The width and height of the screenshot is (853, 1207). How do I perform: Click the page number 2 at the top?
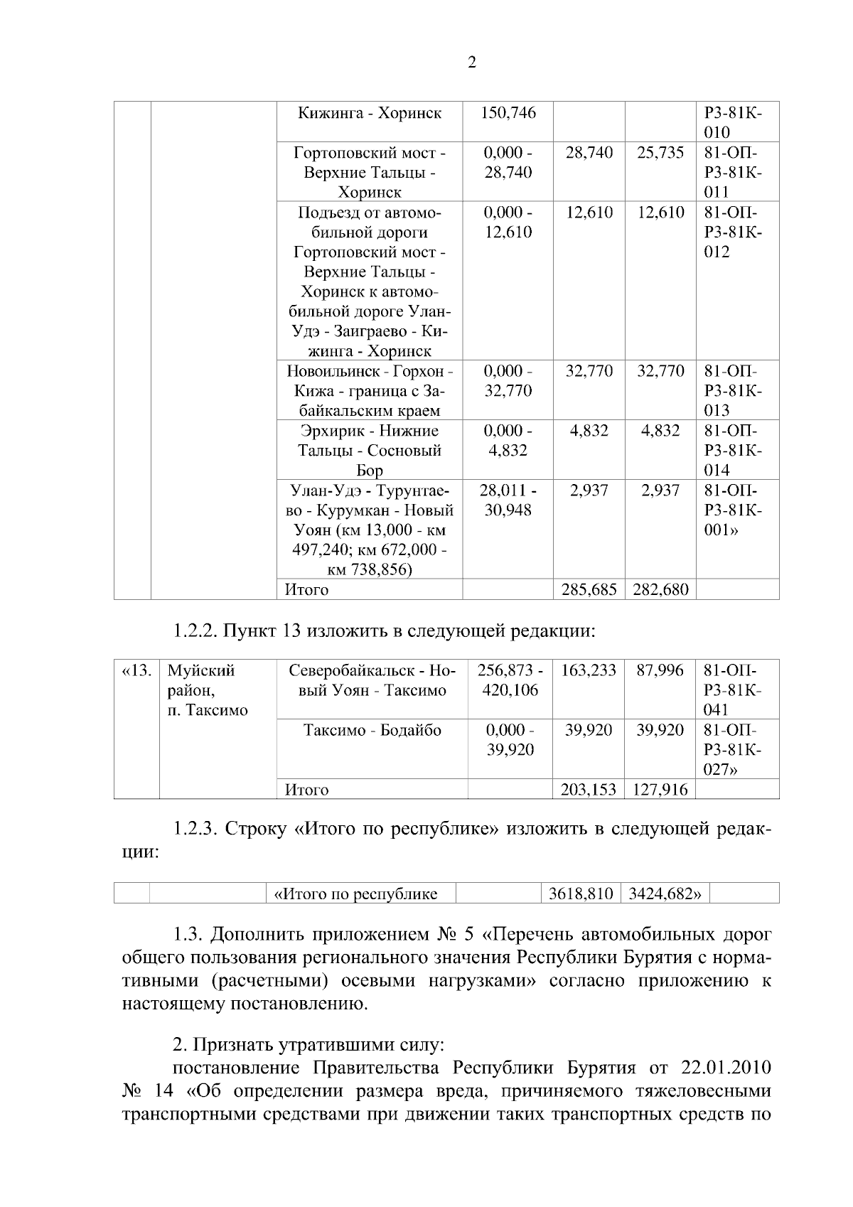point(473,62)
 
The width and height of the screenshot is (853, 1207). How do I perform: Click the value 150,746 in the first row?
point(508,112)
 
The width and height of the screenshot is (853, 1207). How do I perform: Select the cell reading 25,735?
point(660,152)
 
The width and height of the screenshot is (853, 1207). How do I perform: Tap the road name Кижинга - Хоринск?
point(369,112)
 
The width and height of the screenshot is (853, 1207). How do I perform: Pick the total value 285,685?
point(588,589)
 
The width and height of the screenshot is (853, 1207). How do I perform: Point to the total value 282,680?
point(660,589)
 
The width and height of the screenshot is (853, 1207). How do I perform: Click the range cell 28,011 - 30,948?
point(508,500)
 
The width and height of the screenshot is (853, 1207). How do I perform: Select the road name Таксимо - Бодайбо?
point(372,730)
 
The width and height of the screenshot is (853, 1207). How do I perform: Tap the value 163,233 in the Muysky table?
point(588,670)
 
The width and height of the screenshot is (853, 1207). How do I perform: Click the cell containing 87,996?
point(660,670)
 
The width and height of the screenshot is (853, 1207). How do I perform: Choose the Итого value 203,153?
point(588,789)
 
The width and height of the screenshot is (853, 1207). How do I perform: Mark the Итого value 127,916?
point(660,789)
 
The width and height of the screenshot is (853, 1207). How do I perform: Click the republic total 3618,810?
point(580,894)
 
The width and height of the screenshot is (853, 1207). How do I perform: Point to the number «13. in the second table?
point(136,670)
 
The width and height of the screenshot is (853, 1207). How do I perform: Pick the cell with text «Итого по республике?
point(355,894)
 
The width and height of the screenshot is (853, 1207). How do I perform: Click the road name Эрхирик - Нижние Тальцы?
point(369,440)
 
